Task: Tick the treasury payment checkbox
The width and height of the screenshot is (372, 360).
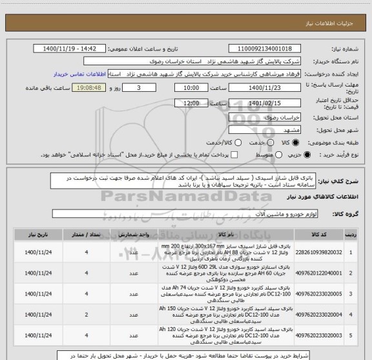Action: pos(234,154)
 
